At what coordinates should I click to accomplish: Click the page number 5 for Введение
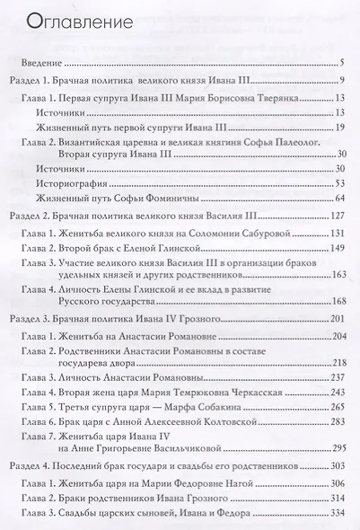point(343,63)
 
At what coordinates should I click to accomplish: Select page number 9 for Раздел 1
point(343,83)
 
